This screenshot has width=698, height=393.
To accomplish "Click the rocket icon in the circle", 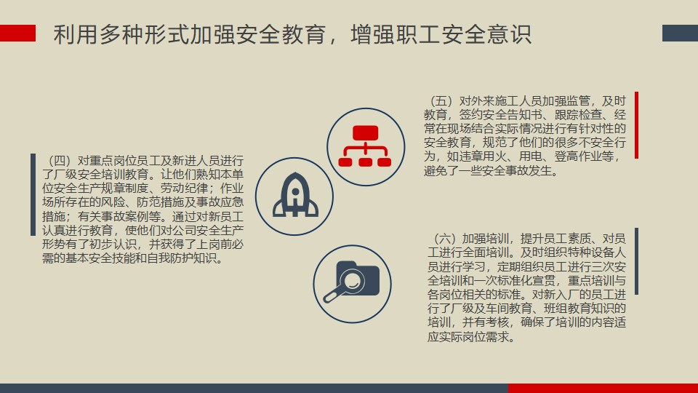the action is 295,195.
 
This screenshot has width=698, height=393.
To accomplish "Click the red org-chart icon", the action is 365,146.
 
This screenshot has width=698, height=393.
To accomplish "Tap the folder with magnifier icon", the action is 352,282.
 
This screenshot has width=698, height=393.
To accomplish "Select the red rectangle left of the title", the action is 17,33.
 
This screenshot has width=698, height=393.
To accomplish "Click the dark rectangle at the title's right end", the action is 681,33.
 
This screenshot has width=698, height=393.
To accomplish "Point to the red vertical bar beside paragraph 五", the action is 637,125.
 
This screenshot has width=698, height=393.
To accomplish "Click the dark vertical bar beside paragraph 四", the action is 33,194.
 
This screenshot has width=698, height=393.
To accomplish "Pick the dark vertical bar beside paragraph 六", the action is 637,261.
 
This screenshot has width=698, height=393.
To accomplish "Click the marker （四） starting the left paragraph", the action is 60,160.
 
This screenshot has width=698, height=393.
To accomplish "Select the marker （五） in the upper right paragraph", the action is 441,100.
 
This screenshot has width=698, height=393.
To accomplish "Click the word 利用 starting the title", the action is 76,34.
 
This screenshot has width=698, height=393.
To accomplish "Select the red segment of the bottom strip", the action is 603,388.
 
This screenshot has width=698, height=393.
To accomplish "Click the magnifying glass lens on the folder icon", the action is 352,281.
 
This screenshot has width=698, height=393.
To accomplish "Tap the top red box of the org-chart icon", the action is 366,132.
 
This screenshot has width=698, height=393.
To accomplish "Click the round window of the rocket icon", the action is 295,192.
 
